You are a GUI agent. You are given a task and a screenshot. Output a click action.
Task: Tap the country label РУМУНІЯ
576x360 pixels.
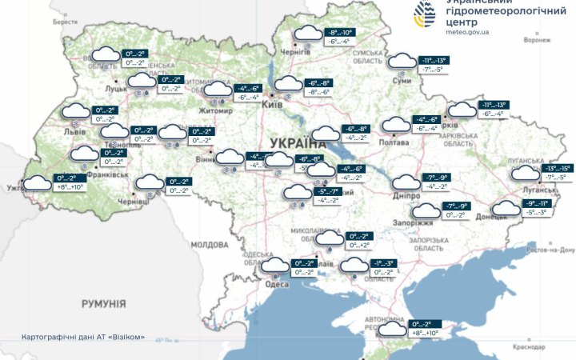pos(103,304)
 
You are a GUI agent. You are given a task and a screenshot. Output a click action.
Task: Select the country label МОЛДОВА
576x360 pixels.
pos(210,244)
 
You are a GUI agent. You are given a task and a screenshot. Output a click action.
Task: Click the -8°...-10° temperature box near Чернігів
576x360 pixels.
pos(339,33)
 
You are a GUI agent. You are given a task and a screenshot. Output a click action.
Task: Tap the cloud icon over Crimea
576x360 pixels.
pos(393,329)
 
